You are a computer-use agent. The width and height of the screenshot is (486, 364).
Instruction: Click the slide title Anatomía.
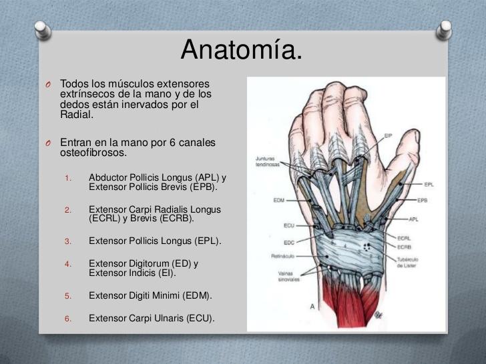pyautogui.click(x=241, y=49)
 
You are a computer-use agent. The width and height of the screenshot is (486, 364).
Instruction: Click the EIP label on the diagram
pyautogui.click(x=388, y=135)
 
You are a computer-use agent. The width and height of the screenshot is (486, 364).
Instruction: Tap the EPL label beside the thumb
pyautogui.click(x=429, y=184)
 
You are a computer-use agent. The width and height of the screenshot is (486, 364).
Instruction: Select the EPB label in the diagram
pyautogui.click(x=422, y=200)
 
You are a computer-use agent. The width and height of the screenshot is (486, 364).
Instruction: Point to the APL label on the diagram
pyautogui.click(x=414, y=218)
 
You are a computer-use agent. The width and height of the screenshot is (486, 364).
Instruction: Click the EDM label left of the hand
pyautogui.click(x=280, y=199)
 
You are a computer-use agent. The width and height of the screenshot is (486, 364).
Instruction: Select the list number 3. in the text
pyautogui.click(x=68, y=241)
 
